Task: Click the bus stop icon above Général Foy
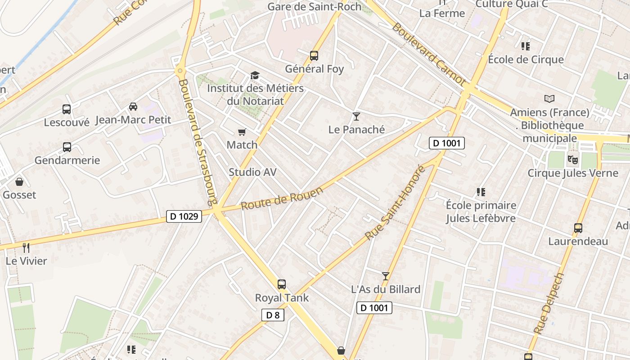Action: point(314,56)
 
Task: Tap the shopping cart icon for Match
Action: point(242,132)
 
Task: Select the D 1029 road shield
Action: point(184,216)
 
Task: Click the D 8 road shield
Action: point(273,315)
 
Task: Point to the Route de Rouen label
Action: point(282,198)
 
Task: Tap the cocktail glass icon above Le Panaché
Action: point(356,117)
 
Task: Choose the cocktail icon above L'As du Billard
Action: point(385,276)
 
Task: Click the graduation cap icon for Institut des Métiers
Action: point(255,75)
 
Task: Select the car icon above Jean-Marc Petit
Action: point(133,107)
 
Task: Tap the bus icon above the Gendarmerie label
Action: point(67,147)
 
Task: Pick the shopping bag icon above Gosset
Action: point(19,182)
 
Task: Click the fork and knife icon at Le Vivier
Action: point(26,247)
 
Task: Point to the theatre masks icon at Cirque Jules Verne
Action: point(572,159)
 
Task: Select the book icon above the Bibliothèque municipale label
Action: point(549,99)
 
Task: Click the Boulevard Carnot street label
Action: point(428,54)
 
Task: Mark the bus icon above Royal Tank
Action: point(282,284)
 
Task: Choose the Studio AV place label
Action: point(252,172)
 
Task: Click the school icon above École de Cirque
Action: point(526,46)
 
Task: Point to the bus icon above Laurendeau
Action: point(578,228)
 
